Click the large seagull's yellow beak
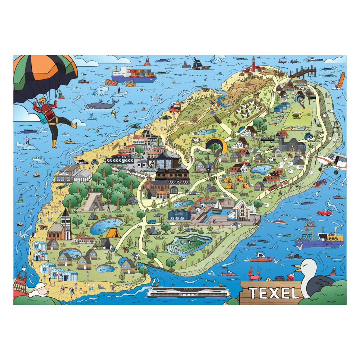coord(298,268)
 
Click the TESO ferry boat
coord(188,291)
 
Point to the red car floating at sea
coord(325,212)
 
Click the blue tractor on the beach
coord(94,162)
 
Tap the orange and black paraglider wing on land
coord(216,144)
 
